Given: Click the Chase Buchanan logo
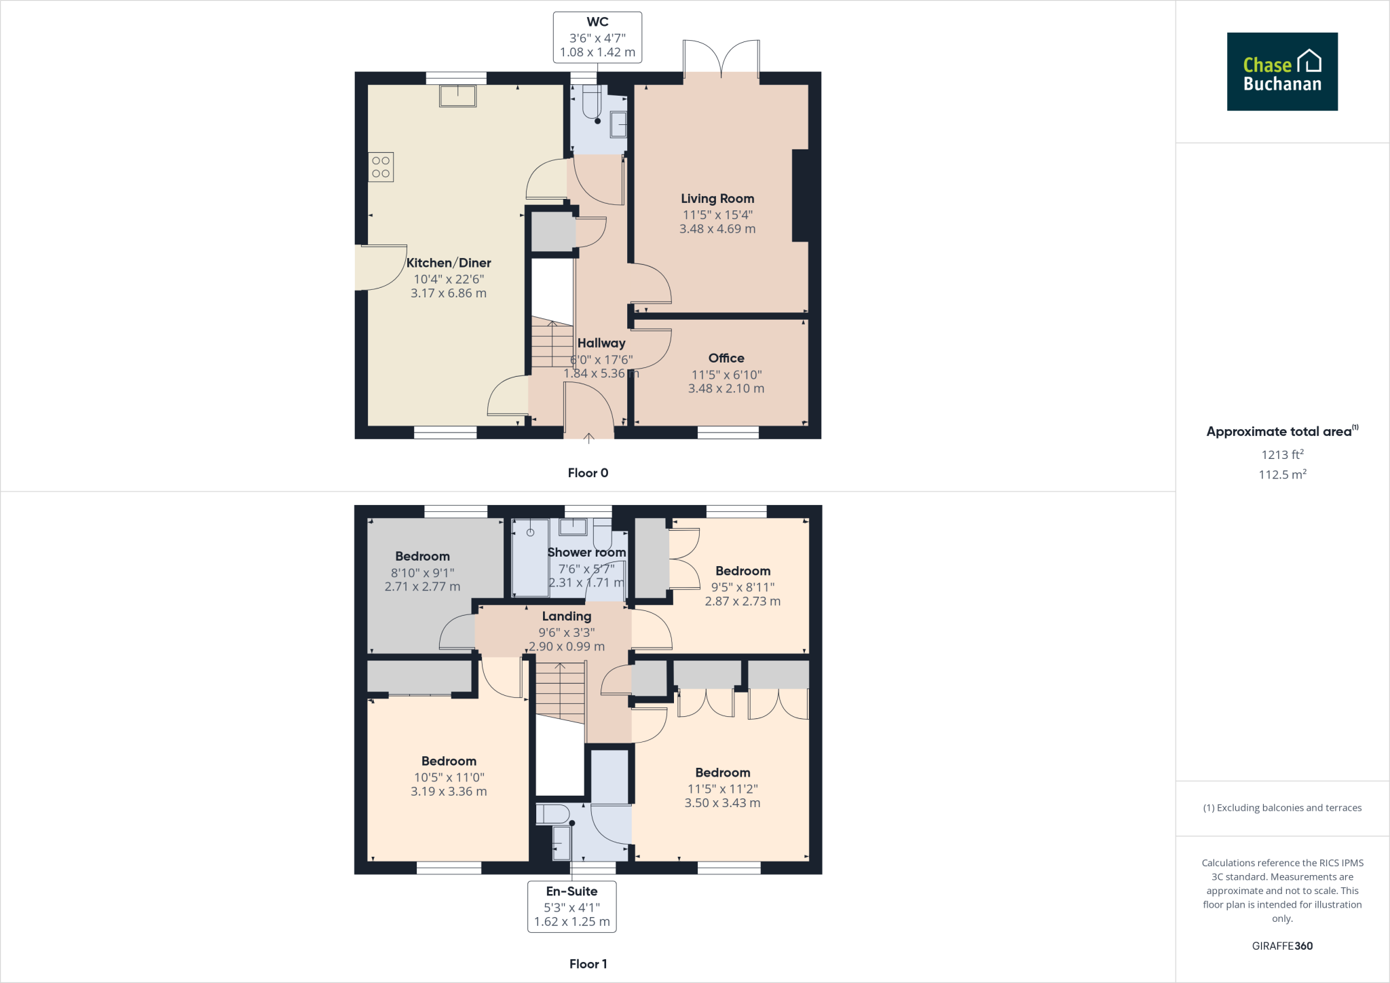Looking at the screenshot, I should tap(1281, 72).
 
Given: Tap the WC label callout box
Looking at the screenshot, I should tap(597, 37).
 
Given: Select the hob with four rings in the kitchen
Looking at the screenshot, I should tap(381, 167).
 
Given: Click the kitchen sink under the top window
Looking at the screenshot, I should tap(457, 96).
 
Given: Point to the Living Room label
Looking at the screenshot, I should tap(717, 198).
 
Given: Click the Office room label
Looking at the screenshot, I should tap(726, 358).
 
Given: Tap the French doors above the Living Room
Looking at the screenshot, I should tap(721, 60).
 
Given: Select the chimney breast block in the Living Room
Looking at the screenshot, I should tap(800, 196).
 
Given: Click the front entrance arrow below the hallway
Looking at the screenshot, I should tap(588, 438).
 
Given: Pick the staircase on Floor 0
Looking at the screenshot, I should tap(552, 343).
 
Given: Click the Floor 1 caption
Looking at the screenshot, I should tap(588, 963).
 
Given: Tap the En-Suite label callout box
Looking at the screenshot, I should tap(571, 906).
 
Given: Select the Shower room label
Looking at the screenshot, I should tap(586, 552).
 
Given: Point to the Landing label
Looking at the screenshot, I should tap(566, 616).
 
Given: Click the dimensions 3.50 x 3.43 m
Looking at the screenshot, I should tap(722, 802).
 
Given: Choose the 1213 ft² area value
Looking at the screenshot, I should tap(1281, 454).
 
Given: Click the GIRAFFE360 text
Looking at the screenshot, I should tap(1281, 946).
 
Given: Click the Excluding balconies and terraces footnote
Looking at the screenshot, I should tap(1281, 808).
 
